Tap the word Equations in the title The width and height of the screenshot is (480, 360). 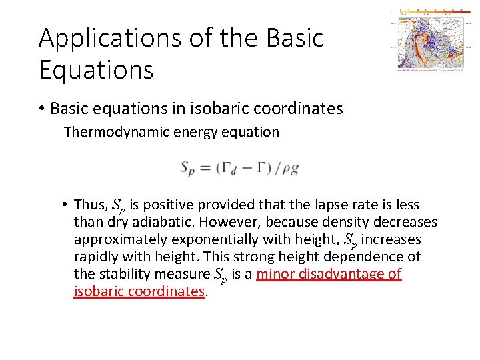coord(96,69)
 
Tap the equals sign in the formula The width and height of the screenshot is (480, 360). coord(205,169)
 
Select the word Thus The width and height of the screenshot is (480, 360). coord(89,204)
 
